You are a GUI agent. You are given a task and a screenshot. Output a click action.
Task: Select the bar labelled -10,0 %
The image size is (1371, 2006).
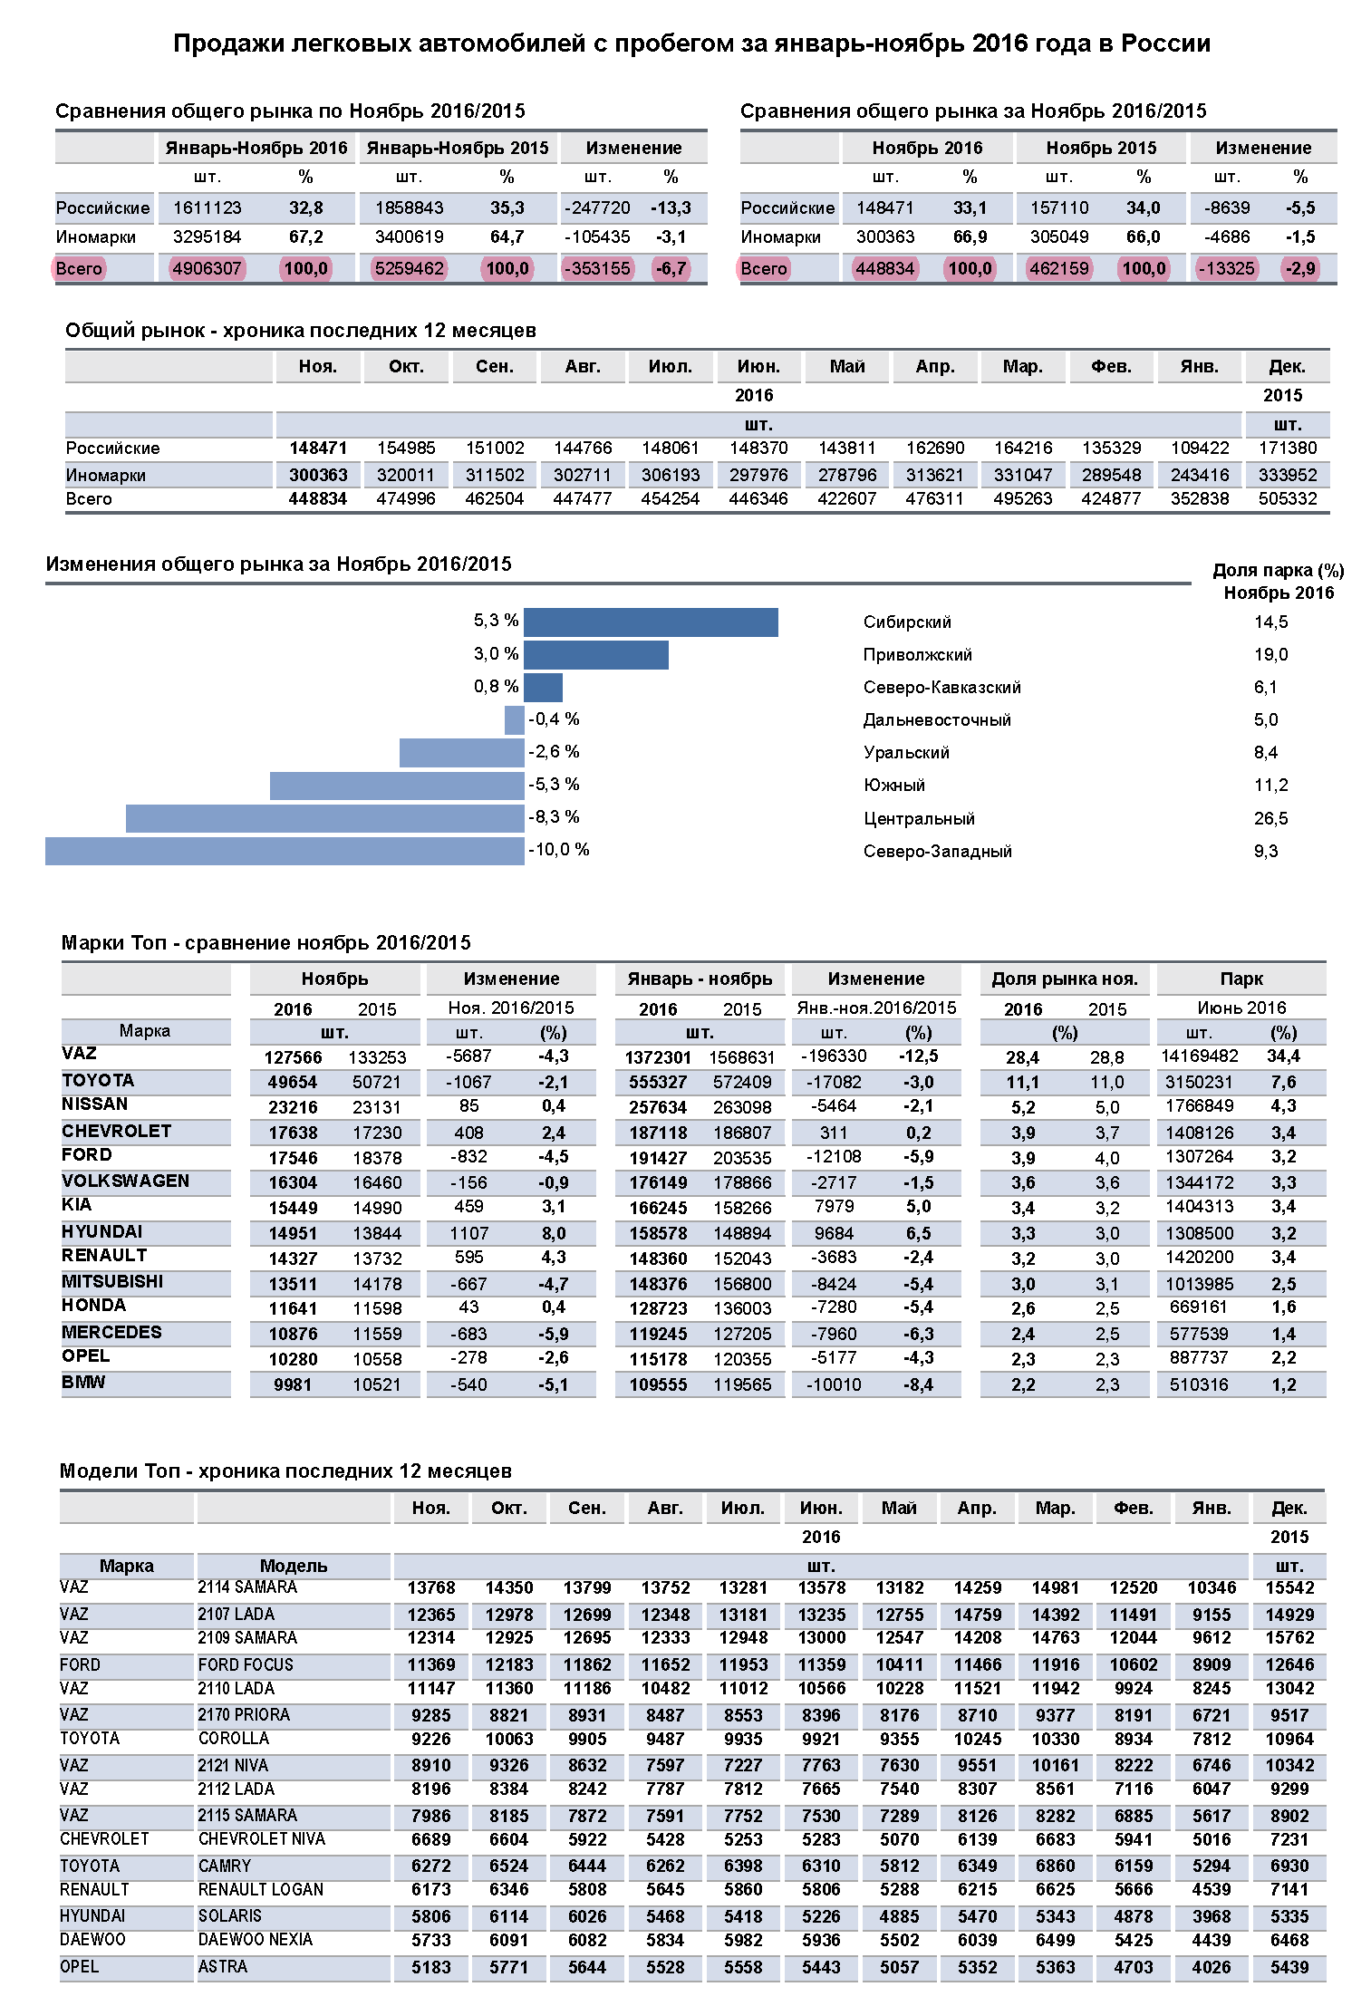point(285,851)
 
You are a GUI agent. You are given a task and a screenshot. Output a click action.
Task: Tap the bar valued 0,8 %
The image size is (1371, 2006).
point(543,687)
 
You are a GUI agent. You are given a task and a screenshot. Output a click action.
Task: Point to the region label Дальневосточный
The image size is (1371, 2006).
point(937,720)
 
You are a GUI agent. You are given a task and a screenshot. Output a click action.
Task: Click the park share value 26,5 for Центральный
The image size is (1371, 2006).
point(1270,819)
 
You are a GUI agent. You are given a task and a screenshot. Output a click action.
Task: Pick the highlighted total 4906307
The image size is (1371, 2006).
point(208,269)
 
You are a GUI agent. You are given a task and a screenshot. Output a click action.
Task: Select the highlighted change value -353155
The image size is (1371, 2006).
point(597,269)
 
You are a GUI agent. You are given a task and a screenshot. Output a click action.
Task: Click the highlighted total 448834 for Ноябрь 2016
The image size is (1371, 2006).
point(885,269)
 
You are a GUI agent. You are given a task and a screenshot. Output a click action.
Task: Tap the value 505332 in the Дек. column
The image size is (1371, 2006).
point(1288,499)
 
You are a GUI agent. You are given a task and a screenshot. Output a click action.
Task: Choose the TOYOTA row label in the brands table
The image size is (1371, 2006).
point(98,1081)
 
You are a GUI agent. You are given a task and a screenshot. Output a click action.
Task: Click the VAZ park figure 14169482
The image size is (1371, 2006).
point(1199,1056)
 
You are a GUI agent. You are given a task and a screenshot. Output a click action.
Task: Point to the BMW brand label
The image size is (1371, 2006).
point(83,1383)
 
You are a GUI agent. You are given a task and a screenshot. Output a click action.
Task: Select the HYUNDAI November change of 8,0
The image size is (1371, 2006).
point(554,1234)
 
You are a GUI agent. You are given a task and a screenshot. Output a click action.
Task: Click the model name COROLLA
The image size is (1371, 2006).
point(234,1739)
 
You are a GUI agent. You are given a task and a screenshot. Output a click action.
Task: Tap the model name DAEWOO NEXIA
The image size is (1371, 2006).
point(256,1940)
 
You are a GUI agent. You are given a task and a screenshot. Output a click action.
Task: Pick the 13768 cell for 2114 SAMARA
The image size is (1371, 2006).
point(430,1588)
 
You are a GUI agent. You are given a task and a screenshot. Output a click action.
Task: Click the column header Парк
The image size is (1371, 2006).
point(1241,979)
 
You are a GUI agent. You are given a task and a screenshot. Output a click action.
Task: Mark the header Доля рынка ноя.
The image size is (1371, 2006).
point(1064,979)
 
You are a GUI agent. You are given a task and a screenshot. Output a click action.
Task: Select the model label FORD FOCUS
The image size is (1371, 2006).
point(246,1665)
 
